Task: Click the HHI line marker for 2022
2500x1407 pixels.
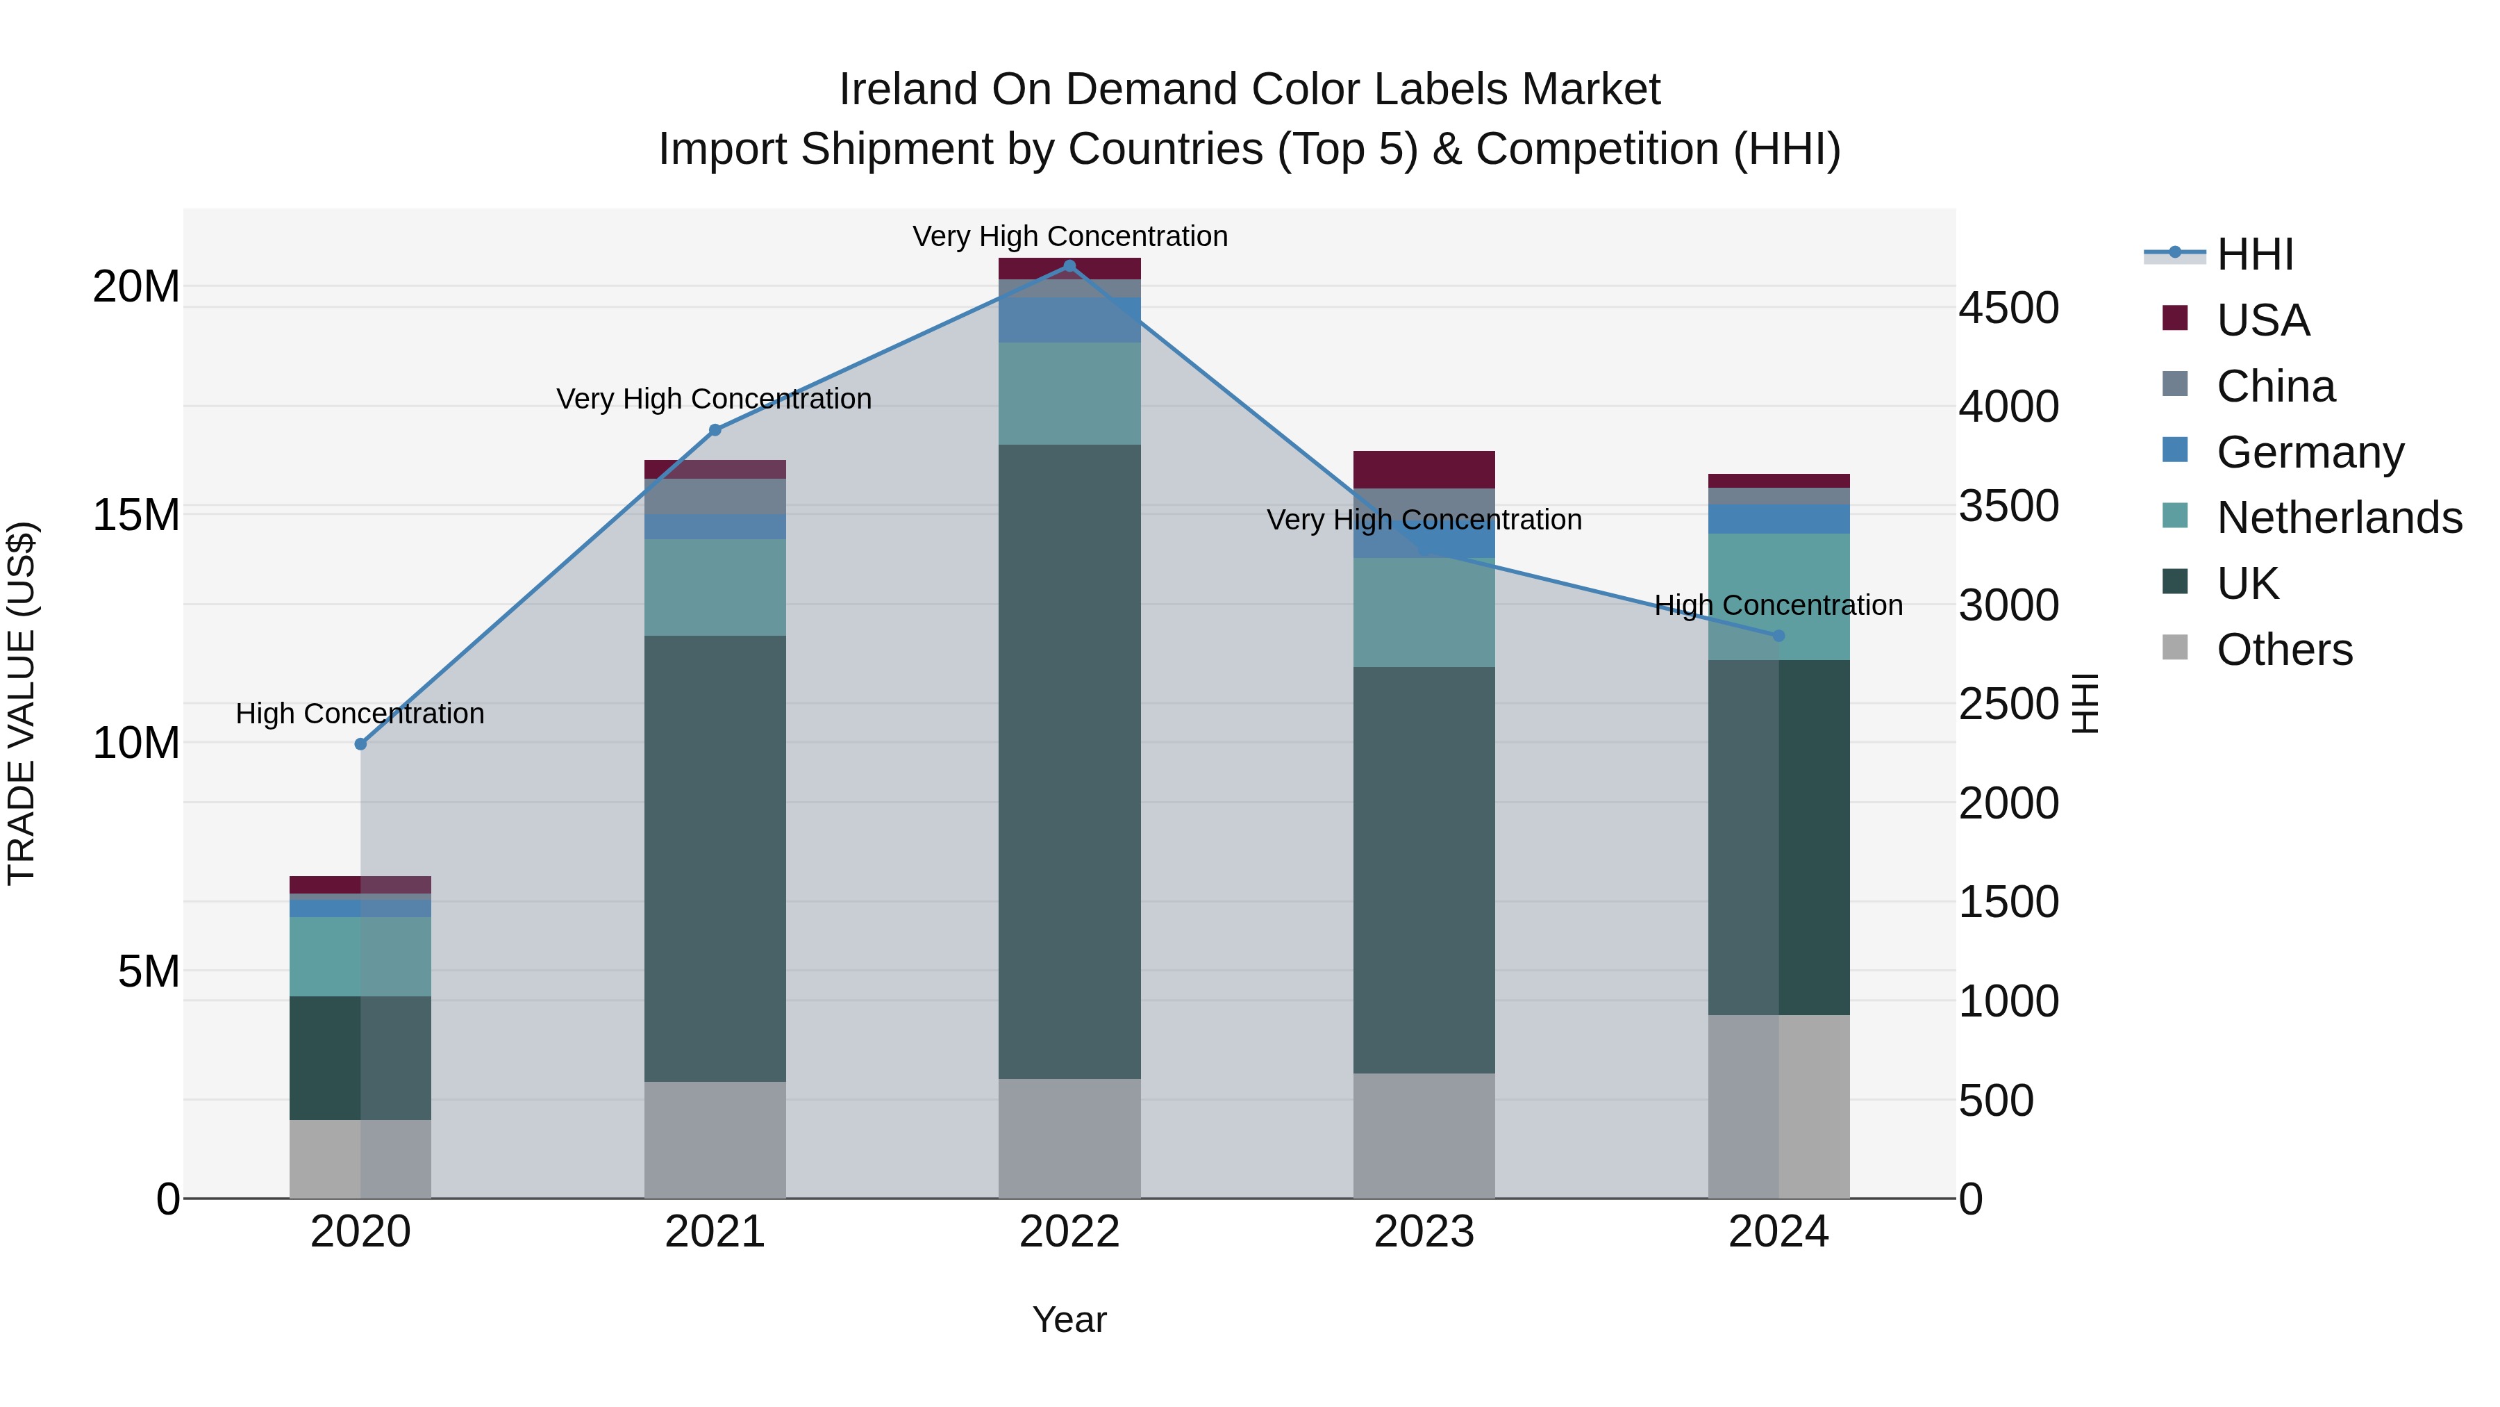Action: tap(1069, 266)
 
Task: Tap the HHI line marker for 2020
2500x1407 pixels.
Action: tap(360, 743)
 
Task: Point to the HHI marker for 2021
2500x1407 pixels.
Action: tap(715, 430)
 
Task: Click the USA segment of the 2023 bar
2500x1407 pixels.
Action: tap(1424, 470)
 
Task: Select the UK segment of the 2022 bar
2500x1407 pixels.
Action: tap(1069, 762)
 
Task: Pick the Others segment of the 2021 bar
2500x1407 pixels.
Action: tap(715, 1140)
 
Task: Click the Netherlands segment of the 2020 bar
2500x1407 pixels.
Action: tap(360, 957)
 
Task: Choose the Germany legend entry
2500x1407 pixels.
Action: tap(2310, 452)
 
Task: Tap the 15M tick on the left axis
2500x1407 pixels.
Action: tap(136, 515)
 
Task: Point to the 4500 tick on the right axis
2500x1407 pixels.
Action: tap(2008, 308)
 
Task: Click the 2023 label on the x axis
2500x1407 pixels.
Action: tap(1424, 1232)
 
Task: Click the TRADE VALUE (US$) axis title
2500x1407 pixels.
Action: tap(22, 703)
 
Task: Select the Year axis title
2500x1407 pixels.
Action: tap(1069, 1319)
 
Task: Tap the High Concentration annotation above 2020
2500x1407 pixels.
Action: tap(360, 714)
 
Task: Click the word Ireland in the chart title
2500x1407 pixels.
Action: tap(908, 90)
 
